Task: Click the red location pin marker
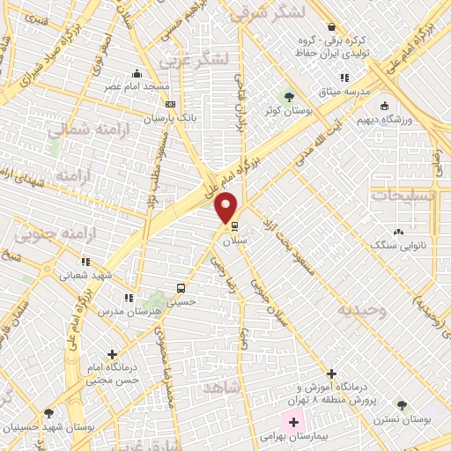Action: click(226, 208)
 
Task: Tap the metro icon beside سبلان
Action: click(233, 225)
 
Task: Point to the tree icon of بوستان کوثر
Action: click(288, 95)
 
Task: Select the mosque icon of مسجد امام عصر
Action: click(137, 74)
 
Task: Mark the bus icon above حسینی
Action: click(181, 288)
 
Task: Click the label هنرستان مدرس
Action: click(110, 312)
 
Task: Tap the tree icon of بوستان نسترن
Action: click(402, 405)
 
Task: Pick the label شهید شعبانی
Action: click(85, 275)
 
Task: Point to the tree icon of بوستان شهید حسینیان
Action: click(48, 413)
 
